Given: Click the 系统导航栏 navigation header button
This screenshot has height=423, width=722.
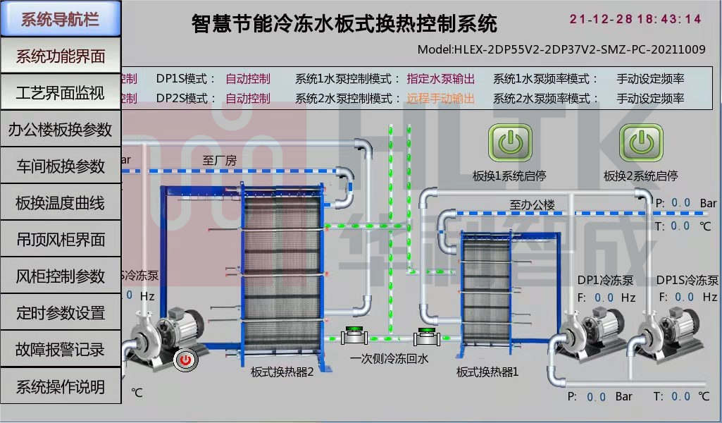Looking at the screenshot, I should click(60, 19).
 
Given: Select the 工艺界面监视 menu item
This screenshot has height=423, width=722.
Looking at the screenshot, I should click(60, 93).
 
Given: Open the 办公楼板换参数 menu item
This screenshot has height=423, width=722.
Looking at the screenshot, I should click(60, 130).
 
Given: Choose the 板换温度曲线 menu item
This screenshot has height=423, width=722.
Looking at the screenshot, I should click(60, 203).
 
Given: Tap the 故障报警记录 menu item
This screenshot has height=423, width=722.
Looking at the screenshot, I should click(60, 349).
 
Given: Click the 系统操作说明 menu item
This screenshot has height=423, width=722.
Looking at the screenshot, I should click(60, 386).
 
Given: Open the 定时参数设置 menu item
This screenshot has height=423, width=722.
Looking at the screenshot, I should click(60, 313).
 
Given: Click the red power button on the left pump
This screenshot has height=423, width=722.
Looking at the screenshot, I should click(185, 360).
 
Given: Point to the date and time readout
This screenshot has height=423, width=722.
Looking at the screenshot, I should click(635, 19).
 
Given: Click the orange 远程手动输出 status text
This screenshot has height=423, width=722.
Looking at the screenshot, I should click(440, 99).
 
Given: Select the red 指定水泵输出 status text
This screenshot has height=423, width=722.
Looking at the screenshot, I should click(440, 79).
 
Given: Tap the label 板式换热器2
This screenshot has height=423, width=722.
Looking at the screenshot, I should click(282, 372).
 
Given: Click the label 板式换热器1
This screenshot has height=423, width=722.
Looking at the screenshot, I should click(487, 372).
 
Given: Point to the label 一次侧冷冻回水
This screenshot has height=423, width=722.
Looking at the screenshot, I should click(389, 358).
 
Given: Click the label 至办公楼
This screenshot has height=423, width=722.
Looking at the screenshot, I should click(532, 204).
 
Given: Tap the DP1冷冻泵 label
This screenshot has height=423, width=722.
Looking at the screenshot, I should click(605, 280).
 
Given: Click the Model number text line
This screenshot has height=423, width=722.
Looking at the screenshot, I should click(561, 49).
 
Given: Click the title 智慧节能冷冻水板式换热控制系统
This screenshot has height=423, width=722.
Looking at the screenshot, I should click(344, 24).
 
